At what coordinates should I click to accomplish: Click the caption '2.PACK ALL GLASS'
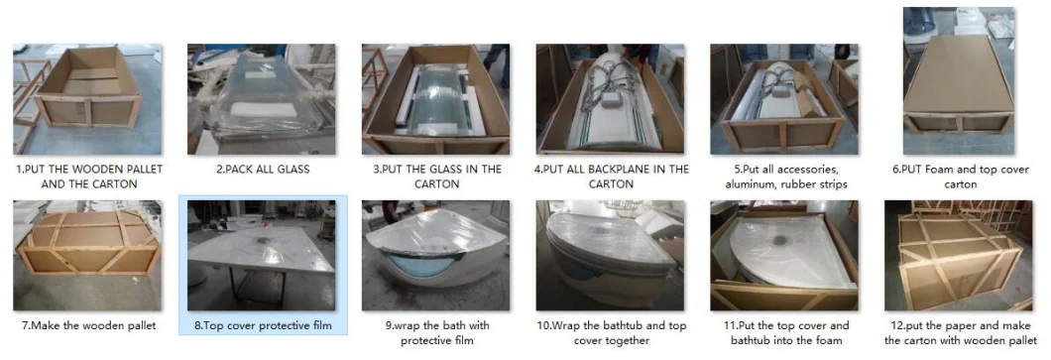click(x=263, y=170)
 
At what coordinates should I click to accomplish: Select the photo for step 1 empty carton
click(x=87, y=99)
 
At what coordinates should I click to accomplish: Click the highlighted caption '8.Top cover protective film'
click(x=263, y=326)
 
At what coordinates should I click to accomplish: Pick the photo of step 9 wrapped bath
click(x=435, y=256)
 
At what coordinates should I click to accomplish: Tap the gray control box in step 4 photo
click(x=610, y=99)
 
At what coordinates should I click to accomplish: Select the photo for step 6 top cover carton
click(x=959, y=81)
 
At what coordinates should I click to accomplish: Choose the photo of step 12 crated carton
click(x=959, y=256)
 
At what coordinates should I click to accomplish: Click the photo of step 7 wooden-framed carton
click(x=87, y=256)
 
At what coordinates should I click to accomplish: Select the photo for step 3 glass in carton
click(x=435, y=99)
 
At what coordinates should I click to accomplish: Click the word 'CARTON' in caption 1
click(x=115, y=183)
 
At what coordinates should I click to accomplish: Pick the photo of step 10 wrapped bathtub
click(x=610, y=256)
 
